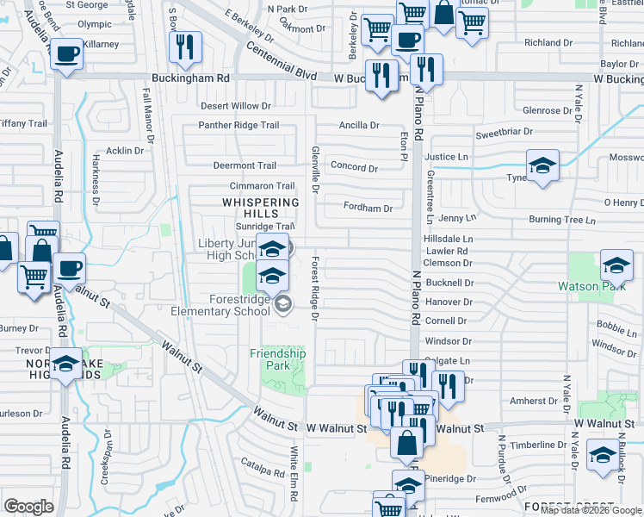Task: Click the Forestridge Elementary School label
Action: (x=220, y=305)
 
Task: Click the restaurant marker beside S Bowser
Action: (x=185, y=49)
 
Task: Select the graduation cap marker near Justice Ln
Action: (x=542, y=166)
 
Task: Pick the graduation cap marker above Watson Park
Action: (x=616, y=266)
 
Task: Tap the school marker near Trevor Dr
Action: (x=65, y=364)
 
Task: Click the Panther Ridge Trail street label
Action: (x=239, y=125)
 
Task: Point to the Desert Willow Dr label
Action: (x=235, y=106)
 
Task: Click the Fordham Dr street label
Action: (x=368, y=208)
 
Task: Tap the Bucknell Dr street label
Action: (x=448, y=283)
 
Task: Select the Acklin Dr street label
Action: (x=125, y=151)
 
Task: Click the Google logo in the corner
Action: (x=28, y=507)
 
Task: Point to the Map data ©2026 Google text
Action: (x=590, y=510)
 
